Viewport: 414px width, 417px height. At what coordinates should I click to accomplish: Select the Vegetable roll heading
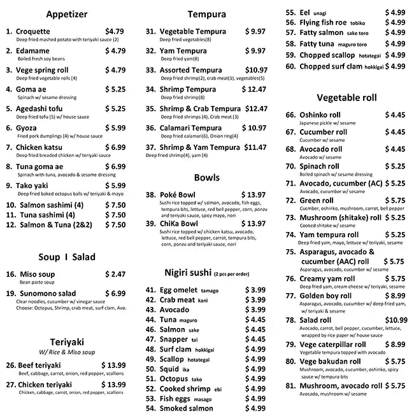(346, 98)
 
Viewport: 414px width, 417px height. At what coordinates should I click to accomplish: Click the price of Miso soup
(115, 274)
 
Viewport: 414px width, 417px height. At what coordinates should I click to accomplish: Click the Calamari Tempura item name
(190, 128)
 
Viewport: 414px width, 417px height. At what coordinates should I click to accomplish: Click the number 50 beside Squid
(151, 369)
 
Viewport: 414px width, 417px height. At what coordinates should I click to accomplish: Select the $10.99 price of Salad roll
(396, 320)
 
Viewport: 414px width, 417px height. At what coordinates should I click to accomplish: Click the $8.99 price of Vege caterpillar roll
(394, 345)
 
